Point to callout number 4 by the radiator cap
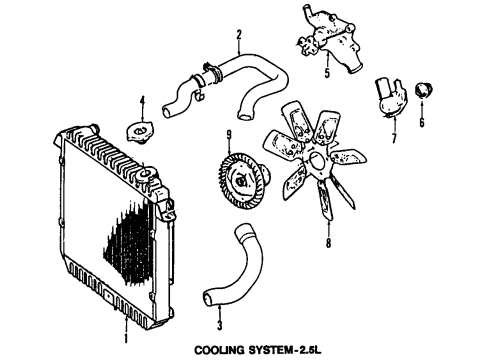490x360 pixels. click(x=142, y=100)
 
